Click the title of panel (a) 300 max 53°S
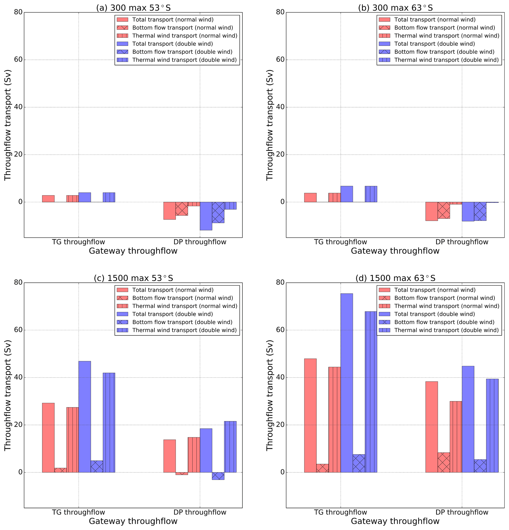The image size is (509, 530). [133, 8]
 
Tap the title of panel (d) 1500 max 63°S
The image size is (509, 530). [395, 278]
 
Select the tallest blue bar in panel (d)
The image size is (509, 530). [346, 383]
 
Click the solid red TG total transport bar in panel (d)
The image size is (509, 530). [310, 415]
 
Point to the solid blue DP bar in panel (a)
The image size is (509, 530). [206, 216]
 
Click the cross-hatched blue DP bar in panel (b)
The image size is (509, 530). [480, 211]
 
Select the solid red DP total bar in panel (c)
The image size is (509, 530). [169, 456]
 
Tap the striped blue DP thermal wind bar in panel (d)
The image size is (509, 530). [492, 425]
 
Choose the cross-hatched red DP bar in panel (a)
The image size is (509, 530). [181, 208]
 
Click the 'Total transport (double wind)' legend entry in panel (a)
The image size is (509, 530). [172, 44]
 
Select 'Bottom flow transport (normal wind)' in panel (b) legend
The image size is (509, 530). [444, 28]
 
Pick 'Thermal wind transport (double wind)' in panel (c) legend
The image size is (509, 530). [184, 330]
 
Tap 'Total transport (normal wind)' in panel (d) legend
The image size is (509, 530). [435, 290]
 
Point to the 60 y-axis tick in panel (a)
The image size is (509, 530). [18, 60]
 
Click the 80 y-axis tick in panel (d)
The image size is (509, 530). [280, 282]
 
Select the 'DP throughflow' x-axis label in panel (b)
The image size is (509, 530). [462, 242]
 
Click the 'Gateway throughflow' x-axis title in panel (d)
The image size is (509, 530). [395, 521]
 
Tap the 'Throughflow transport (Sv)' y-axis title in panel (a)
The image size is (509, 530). [8, 125]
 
